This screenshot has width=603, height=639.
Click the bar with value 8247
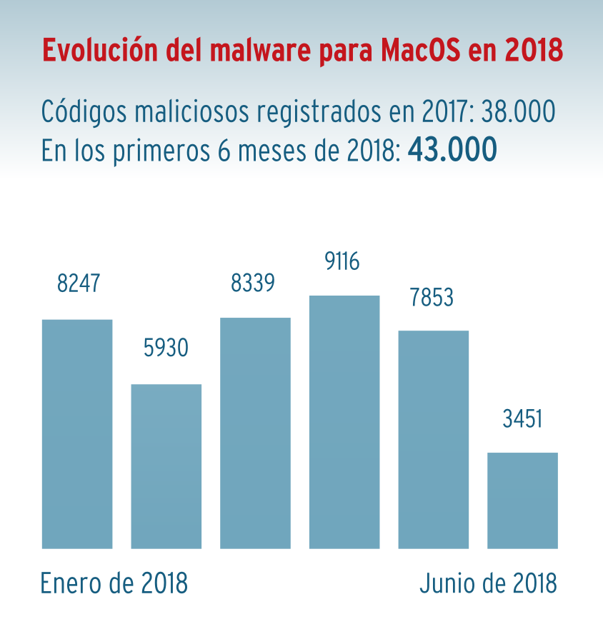pyautogui.click(x=77, y=433)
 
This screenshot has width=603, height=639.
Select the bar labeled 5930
pyautogui.click(x=166, y=466)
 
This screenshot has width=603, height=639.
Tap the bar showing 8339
pyautogui.click(x=255, y=433)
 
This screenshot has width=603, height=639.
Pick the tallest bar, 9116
pyautogui.click(x=344, y=421)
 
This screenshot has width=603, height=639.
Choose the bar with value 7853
pyautogui.click(x=433, y=439)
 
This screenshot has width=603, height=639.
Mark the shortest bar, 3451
pyautogui.click(x=522, y=500)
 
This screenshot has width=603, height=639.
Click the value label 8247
pyautogui.click(x=79, y=283)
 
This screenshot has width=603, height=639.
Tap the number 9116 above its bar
pyautogui.click(x=342, y=262)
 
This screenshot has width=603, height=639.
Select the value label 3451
pyautogui.click(x=522, y=418)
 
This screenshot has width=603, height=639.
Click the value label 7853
pyautogui.click(x=432, y=297)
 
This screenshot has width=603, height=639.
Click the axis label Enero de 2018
pyautogui.click(x=114, y=583)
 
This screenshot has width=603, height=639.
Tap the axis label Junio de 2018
pyautogui.click(x=488, y=583)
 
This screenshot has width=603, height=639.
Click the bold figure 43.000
pyautogui.click(x=452, y=150)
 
